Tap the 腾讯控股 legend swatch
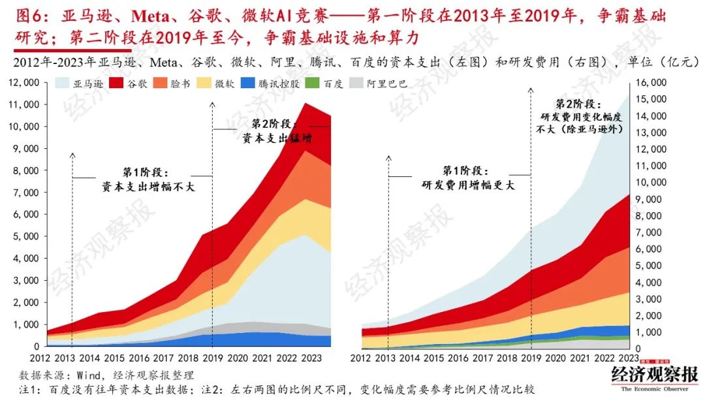tap(247, 84)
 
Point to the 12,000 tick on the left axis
tap(23, 82)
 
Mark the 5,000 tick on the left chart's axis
tap(25, 236)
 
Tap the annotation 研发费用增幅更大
tap(468, 185)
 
